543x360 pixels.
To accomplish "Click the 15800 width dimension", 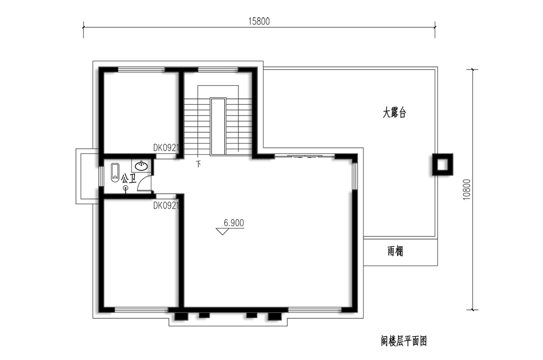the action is [259, 22].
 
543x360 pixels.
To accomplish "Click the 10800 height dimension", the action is [467, 190].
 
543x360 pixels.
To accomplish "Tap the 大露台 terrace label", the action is [394, 112].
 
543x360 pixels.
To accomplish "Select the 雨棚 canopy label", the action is [395, 251].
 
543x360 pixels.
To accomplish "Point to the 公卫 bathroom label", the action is [128, 179].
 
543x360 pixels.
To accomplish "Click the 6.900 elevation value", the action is [234, 223].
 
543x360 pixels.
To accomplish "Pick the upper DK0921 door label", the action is [166, 148].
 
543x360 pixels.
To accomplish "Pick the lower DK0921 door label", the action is [166, 206].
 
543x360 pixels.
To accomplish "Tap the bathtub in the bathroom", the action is [115, 173].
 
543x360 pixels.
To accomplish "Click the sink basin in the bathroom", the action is [141, 166].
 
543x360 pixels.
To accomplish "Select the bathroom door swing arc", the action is [143, 181].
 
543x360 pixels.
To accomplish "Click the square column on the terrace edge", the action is [442, 164].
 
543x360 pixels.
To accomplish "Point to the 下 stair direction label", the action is [198, 164].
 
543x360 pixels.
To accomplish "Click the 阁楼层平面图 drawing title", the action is [404, 341].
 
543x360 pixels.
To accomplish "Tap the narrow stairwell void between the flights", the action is [218, 126].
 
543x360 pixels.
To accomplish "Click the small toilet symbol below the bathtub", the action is [126, 188].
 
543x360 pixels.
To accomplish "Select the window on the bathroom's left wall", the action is [101, 177].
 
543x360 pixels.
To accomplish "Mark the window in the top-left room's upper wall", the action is [141, 69].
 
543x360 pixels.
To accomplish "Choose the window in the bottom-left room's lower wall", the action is [141, 309].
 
